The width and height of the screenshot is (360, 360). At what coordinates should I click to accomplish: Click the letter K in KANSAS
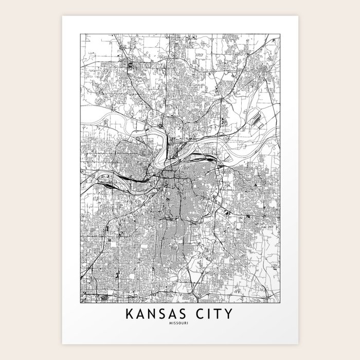coord(127,314)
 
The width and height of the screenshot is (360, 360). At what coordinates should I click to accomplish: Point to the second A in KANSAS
coord(176,314)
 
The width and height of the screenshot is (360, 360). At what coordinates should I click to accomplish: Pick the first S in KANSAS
coord(164,314)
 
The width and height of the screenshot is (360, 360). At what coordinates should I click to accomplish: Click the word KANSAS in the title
coord(157,314)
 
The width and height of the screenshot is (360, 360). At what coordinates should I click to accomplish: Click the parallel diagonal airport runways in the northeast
coord(255,119)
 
